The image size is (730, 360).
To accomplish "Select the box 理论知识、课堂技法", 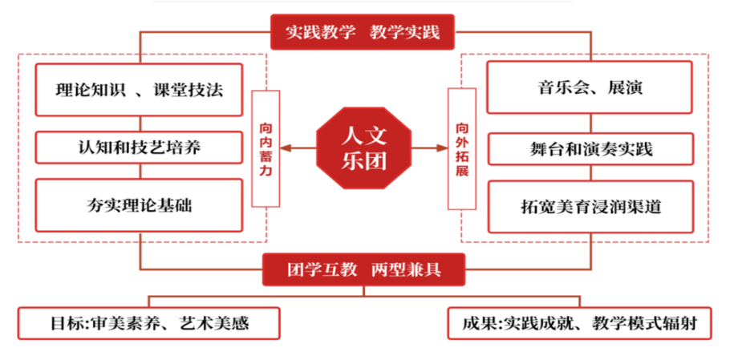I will click(x=140, y=90).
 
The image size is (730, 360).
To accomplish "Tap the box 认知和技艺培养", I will click(x=140, y=148).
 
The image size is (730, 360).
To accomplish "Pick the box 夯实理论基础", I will click(x=140, y=206).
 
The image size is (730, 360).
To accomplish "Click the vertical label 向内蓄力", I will click(x=266, y=148).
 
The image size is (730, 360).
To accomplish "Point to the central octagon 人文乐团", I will click(x=365, y=148).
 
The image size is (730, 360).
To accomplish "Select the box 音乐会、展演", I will click(x=590, y=88).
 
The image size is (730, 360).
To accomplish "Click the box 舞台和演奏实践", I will click(x=590, y=148).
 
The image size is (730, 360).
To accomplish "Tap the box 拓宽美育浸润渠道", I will click(x=590, y=206).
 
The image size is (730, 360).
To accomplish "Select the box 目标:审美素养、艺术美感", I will click(x=149, y=324).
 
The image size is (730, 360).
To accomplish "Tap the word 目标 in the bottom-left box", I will click(x=63, y=324).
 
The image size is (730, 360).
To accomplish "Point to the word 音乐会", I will click(x=559, y=88).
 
